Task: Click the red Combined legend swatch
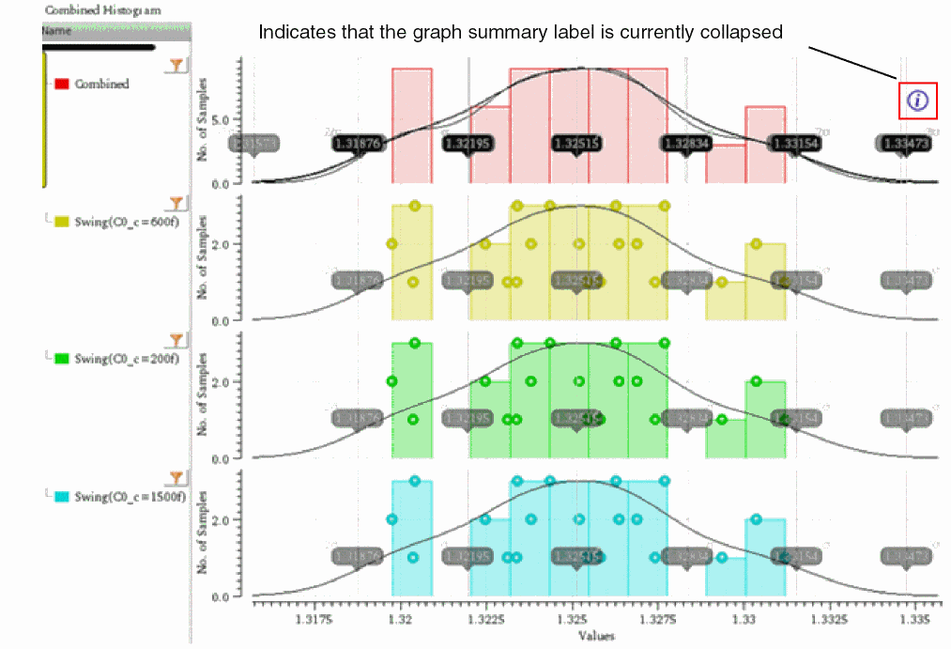click(63, 84)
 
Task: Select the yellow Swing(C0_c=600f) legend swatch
click(63, 222)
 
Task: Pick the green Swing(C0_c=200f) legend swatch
click(63, 358)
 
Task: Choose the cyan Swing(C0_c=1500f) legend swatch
click(63, 496)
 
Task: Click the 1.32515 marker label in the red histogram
click(576, 144)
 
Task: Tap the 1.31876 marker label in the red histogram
click(360, 144)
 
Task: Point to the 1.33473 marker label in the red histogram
click(905, 144)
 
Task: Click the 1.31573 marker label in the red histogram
click(253, 144)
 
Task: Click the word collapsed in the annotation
click(748, 32)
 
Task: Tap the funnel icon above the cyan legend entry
click(176, 477)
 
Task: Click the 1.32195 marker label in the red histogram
click(469, 144)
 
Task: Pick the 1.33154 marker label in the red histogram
click(795, 144)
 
